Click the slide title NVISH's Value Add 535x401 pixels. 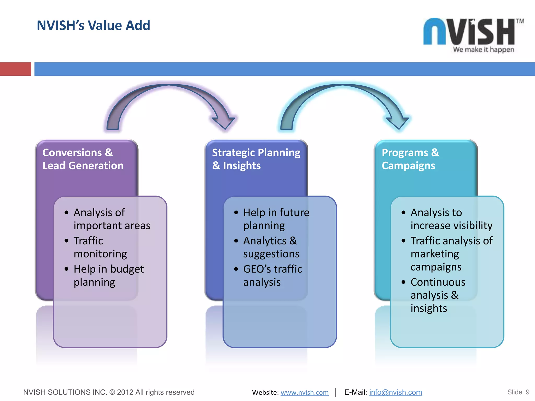(x=93, y=25)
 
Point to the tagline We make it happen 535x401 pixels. (x=484, y=50)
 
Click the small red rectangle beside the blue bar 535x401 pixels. (x=15, y=69)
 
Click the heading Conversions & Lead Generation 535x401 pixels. (x=83, y=159)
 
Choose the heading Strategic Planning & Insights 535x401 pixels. (x=256, y=159)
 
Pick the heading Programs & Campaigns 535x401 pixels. (x=410, y=159)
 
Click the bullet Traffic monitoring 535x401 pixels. (x=100, y=247)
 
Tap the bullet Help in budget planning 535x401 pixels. (x=108, y=275)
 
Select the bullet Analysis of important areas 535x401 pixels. (x=112, y=219)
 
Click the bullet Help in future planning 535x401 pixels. (x=276, y=219)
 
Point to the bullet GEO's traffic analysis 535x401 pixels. (x=272, y=275)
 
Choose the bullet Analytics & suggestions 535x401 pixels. (x=271, y=247)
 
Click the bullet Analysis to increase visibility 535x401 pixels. (x=451, y=219)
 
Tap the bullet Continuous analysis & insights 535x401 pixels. (x=438, y=295)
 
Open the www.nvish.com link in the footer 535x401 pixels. (x=304, y=392)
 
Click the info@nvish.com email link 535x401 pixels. (x=396, y=392)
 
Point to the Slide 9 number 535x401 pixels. (x=518, y=392)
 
